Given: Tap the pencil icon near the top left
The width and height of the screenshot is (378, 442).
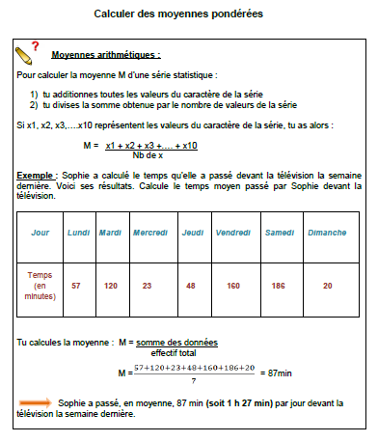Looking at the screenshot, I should point(23,54).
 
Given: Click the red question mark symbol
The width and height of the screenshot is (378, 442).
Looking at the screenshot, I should point(35,46).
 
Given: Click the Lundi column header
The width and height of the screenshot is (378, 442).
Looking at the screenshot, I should point(78,233).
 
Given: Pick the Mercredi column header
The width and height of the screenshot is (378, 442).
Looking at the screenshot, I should point(149,233).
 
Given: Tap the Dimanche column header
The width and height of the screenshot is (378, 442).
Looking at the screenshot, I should point(327,233).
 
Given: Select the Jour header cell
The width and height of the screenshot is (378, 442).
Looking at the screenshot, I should point(40,233).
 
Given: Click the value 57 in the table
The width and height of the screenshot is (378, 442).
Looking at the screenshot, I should point(76,286).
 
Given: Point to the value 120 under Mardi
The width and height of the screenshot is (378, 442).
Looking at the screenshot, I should point(111,286).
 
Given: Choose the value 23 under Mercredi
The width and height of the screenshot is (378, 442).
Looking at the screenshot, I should point(148,286).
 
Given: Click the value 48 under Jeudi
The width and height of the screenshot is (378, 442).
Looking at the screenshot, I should point(191,286).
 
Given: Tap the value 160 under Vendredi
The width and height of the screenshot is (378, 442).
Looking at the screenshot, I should point(232,286).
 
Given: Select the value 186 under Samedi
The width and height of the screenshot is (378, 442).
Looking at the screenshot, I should point(279,286).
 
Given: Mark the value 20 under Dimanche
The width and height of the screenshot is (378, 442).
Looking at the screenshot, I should point(328,286).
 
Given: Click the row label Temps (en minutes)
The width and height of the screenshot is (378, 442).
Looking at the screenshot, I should point(40,286).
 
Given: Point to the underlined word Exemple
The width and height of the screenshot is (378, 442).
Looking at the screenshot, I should point(37,175).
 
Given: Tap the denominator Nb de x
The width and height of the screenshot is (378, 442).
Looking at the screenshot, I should point(148,154).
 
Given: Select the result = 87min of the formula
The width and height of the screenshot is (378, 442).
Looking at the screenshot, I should point(277,371).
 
